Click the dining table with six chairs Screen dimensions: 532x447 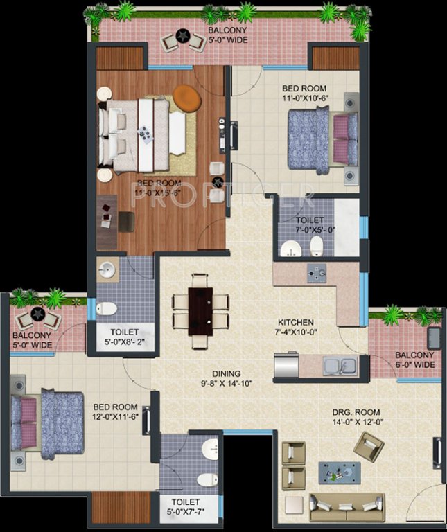point(201,305)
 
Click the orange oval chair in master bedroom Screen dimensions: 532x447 point(186,97)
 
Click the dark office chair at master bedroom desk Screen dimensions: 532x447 point(126,221)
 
